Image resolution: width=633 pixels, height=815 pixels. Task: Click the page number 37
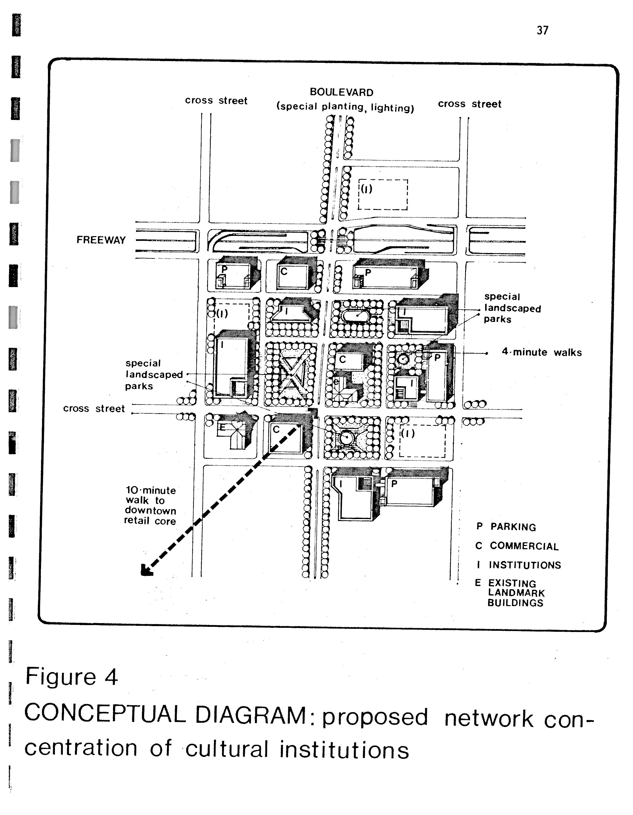pyautogui.click(x=542, y=30)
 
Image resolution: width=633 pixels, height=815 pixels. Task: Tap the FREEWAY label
pyautogui.click(x=101, y=240)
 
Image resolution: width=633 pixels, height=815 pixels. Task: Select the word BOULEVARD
pyautogui.click(x=341, y=92)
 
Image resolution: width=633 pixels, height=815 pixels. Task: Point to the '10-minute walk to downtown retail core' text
pyautogui.click(x=150, y=506)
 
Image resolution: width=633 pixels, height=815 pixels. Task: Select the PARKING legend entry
pyautogui.click(x=506, y=526)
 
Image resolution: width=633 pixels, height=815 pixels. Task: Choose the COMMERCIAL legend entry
pyautogui.click(x=517, y=546)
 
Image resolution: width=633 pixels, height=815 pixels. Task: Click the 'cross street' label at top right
pyautogui.click(x=470, y=104)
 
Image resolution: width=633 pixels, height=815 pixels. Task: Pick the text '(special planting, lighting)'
pyautogui.click(x=345, y=107)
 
